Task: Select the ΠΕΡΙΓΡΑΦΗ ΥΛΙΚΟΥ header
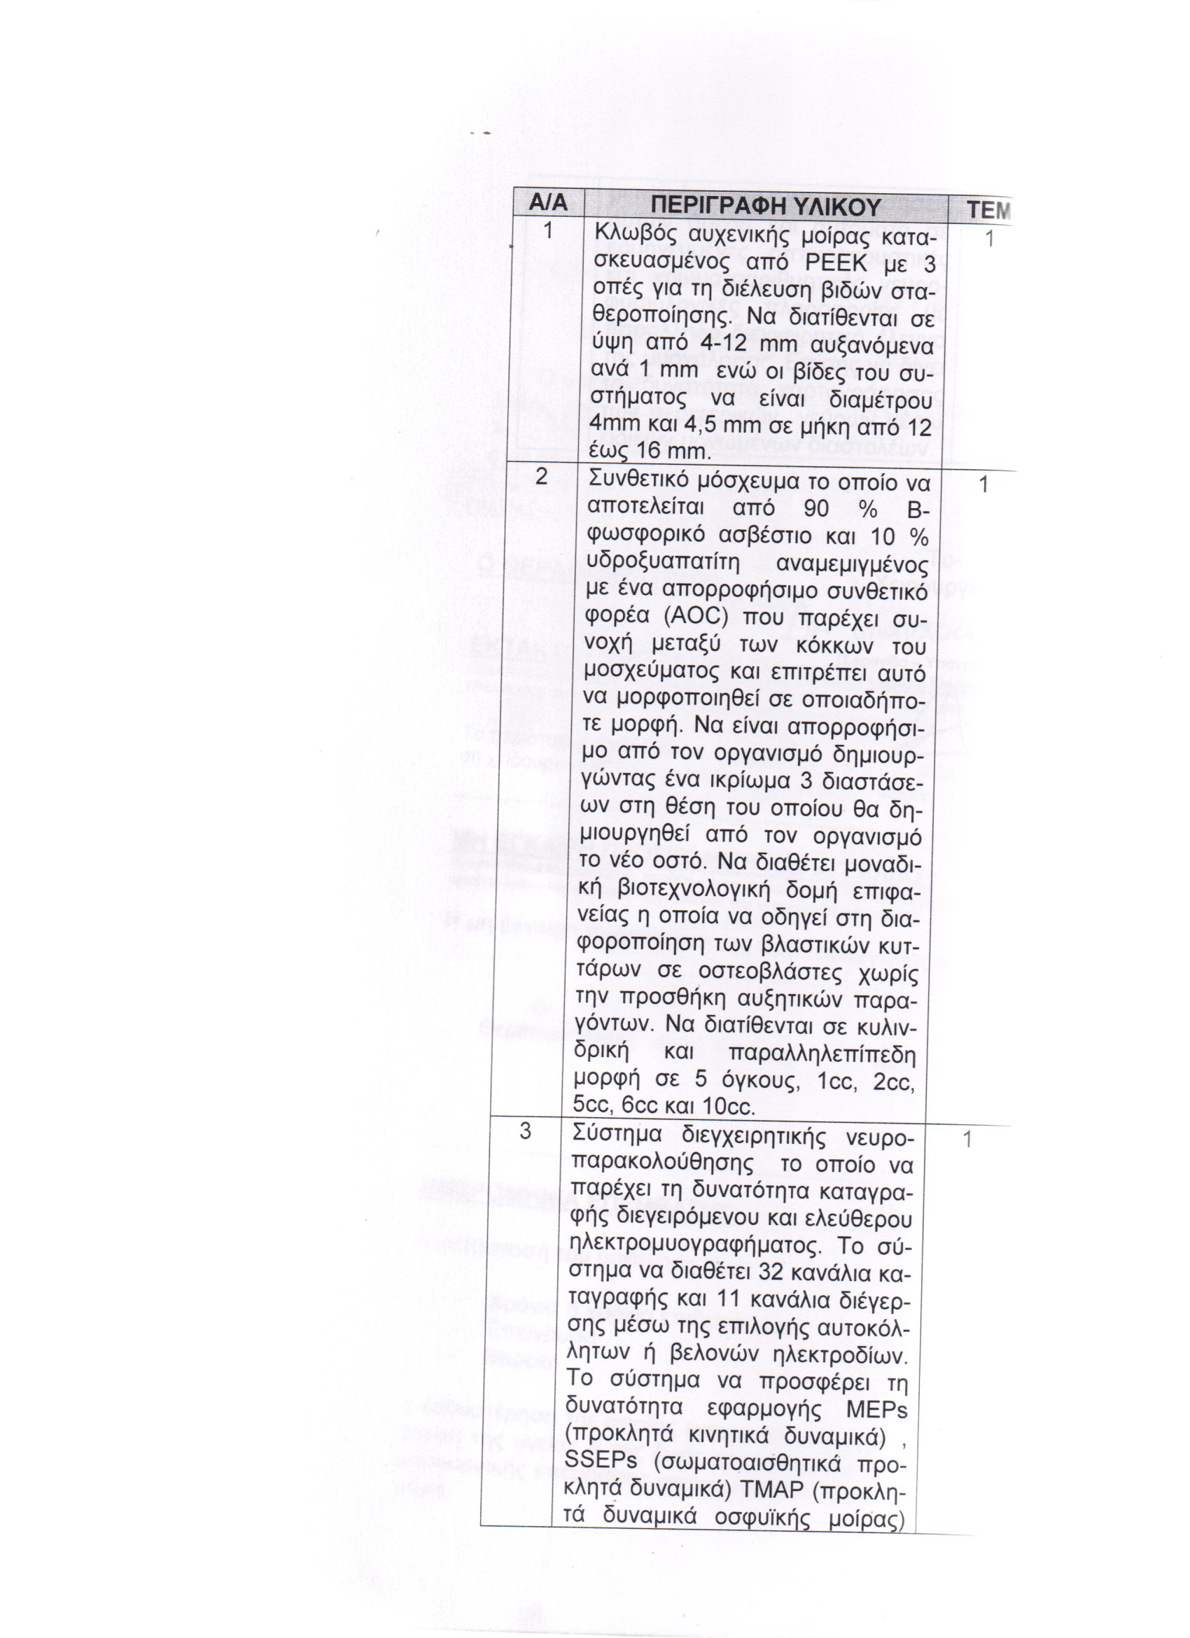click(x=765, y=207)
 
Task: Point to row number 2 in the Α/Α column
click(x=542, y=477)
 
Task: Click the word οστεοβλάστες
click(x=756, y=975)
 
